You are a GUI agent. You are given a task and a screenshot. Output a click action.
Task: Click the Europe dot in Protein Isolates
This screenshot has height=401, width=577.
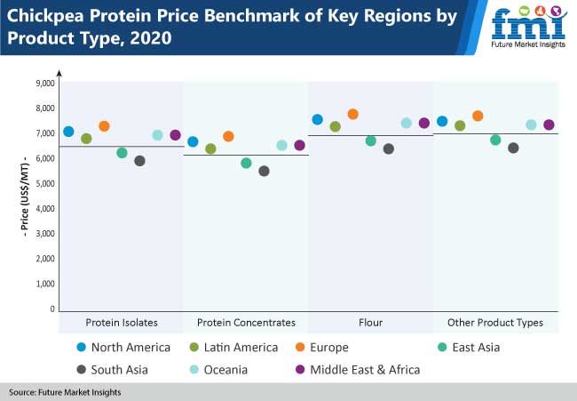[104, 126]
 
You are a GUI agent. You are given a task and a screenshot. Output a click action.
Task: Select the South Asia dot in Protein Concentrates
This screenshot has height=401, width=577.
[264, 171]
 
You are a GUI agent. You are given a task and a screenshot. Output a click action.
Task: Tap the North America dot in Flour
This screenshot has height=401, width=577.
[317, 119]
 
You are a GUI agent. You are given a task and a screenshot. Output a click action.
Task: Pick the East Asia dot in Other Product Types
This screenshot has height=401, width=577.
[495, 140]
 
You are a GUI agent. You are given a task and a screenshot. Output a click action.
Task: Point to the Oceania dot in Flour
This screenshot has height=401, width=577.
[406, 123]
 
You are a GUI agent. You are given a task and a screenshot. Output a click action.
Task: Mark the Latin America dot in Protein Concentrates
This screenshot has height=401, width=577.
[210, 148]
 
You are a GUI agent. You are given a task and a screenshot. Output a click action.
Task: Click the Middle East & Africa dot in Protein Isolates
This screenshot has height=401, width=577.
[175, 135]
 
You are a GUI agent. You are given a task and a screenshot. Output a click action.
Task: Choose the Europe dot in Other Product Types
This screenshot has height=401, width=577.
[478, 116]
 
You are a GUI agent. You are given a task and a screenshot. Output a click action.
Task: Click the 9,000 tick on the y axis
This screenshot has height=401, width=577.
[43, 83]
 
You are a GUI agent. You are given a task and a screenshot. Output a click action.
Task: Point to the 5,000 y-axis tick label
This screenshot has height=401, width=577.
[43, 183]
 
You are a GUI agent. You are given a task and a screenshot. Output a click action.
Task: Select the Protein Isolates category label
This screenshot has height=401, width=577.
[122, 322]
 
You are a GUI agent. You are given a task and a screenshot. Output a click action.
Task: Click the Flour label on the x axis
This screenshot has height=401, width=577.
[370, 322]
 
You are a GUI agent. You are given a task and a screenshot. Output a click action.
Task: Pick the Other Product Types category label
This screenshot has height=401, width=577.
[495, 322]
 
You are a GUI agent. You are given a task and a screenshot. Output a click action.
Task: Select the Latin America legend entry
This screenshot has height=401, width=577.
[234, 347]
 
